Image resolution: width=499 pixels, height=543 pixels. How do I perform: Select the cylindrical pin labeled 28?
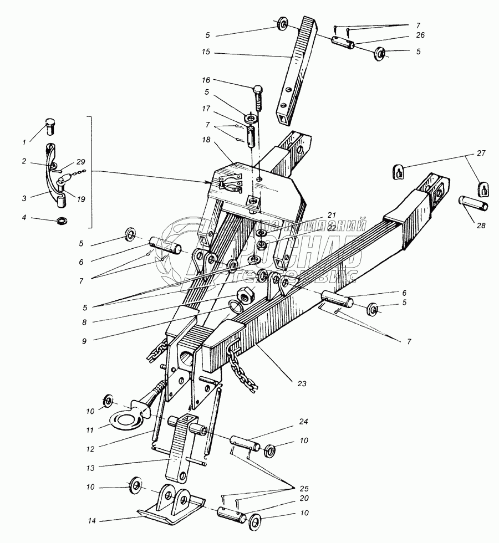click(x=473, y=203)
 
